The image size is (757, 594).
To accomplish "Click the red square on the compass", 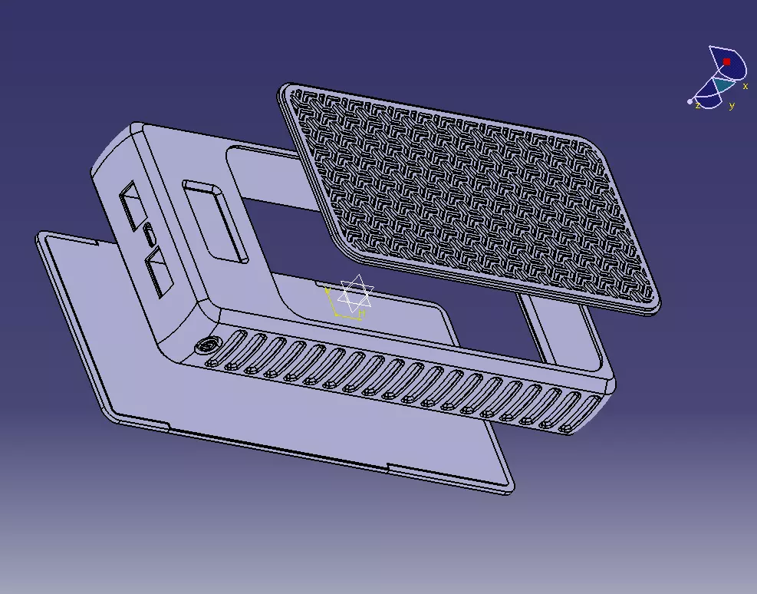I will pos(727,61).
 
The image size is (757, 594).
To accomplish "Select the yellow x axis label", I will pos(745,87).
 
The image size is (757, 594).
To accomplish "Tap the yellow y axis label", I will pos(732,106).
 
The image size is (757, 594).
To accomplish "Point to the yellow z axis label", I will pos(697,106).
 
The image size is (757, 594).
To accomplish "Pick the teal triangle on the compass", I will pos(722,84).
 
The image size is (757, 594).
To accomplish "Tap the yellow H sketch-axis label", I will pos(362,313).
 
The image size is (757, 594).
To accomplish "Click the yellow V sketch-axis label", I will pos(327,291).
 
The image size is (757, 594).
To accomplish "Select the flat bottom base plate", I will pos(307,414).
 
